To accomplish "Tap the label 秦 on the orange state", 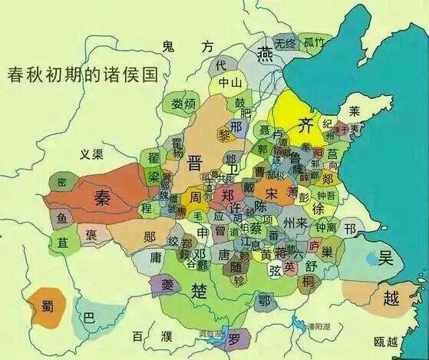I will pos(101,198).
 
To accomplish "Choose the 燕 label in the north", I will pos(266,53).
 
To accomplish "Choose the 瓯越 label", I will pos(385,342).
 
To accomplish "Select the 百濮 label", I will pos(150,336).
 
